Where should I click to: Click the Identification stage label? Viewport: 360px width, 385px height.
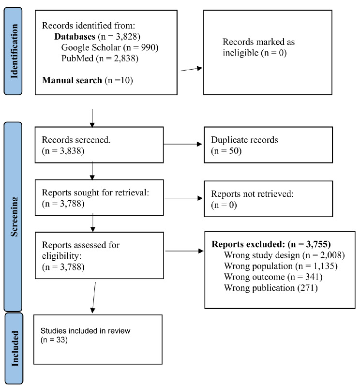14,51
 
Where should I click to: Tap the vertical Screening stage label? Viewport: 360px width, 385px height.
14,217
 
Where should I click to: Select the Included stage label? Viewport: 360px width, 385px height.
15,348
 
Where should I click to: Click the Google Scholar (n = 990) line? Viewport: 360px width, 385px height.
110,47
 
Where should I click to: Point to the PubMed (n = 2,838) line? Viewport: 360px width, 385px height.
100,59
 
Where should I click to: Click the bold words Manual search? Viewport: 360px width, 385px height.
72,80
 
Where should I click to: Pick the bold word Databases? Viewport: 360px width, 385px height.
75,37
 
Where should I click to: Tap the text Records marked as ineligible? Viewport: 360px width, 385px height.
258,47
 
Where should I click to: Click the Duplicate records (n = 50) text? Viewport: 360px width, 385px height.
244,145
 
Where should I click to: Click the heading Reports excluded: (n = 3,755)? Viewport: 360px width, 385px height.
271,244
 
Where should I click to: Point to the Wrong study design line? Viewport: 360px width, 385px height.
285,255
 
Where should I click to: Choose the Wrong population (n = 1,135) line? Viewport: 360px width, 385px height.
281,266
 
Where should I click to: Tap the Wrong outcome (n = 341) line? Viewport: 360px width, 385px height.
273,277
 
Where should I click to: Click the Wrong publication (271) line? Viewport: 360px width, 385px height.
270,288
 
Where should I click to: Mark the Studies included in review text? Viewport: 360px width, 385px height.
85,331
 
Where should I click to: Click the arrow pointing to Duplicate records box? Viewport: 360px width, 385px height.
183,144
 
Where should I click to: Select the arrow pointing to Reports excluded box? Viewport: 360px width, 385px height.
184,251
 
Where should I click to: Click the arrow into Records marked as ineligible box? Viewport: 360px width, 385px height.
192,69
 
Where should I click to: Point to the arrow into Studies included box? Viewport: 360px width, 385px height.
94,297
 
